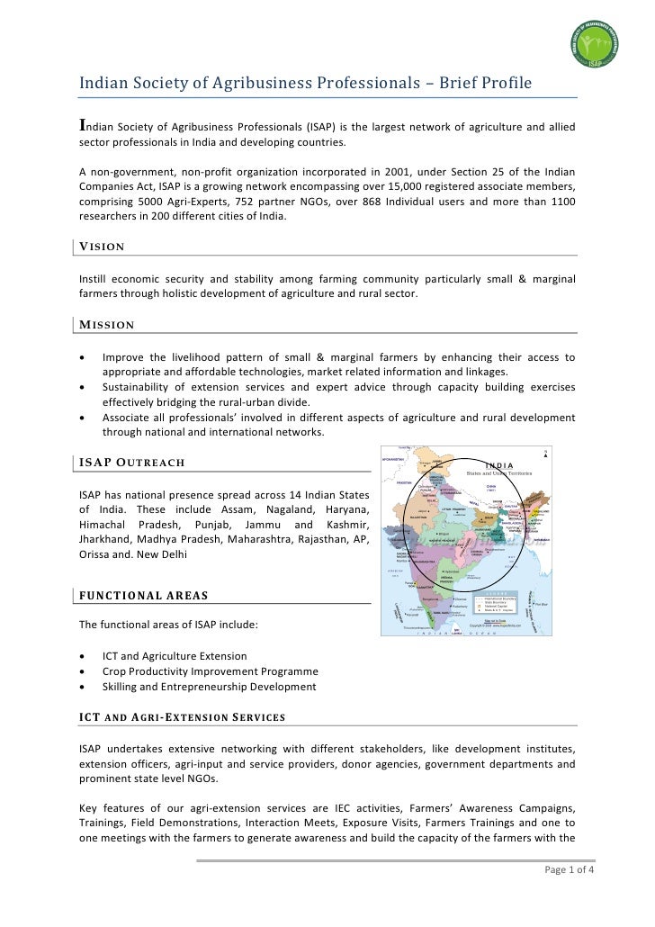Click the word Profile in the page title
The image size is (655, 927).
(x=503, y=84)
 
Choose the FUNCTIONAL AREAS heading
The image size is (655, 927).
(x=143, y=595)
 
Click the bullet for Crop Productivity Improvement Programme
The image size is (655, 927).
(x=84, y=671)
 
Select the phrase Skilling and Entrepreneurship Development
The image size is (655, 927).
(x=209, y=687)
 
